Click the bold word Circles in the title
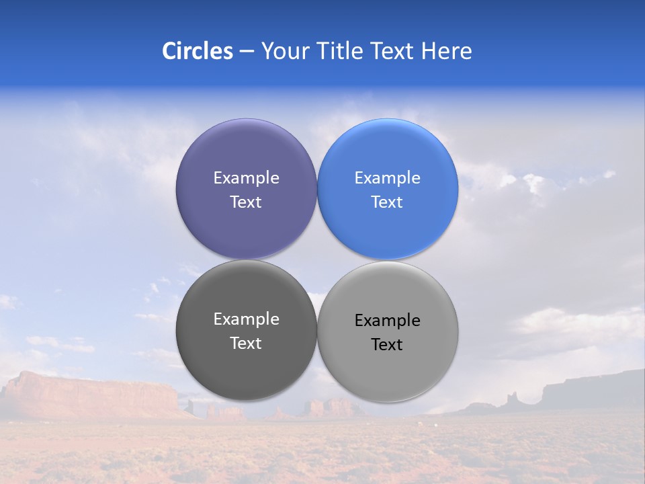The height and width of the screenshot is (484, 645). (x=198, y=51)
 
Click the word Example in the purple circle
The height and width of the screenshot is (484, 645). (x=246, y=178)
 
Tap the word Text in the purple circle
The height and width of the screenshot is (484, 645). (x=246, y=202)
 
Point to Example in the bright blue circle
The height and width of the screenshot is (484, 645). (x=388, y=178)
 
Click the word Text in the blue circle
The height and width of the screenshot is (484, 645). (x=388, y=202)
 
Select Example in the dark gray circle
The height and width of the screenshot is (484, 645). (x=246, y=319)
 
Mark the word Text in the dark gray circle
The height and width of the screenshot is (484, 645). (x=246, y=343)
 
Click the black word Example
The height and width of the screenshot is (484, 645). (x=388, y=321)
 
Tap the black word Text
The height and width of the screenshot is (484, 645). (x=388, y=344)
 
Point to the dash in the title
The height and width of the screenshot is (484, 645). (x=247, y=51)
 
